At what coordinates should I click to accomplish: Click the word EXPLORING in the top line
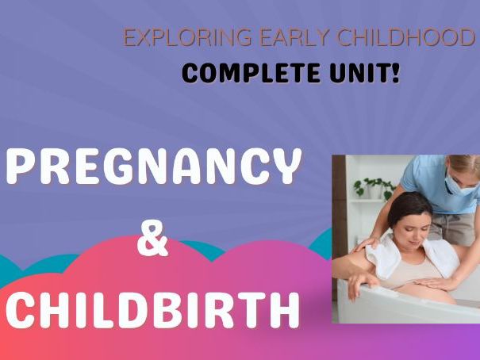coord(171,39)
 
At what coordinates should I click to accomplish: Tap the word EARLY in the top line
coord(261,39)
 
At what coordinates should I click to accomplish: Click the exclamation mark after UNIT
coord(395,74)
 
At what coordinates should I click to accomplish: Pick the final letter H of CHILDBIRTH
coord(284,309)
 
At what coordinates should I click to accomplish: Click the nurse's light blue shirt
coord(424,176)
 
